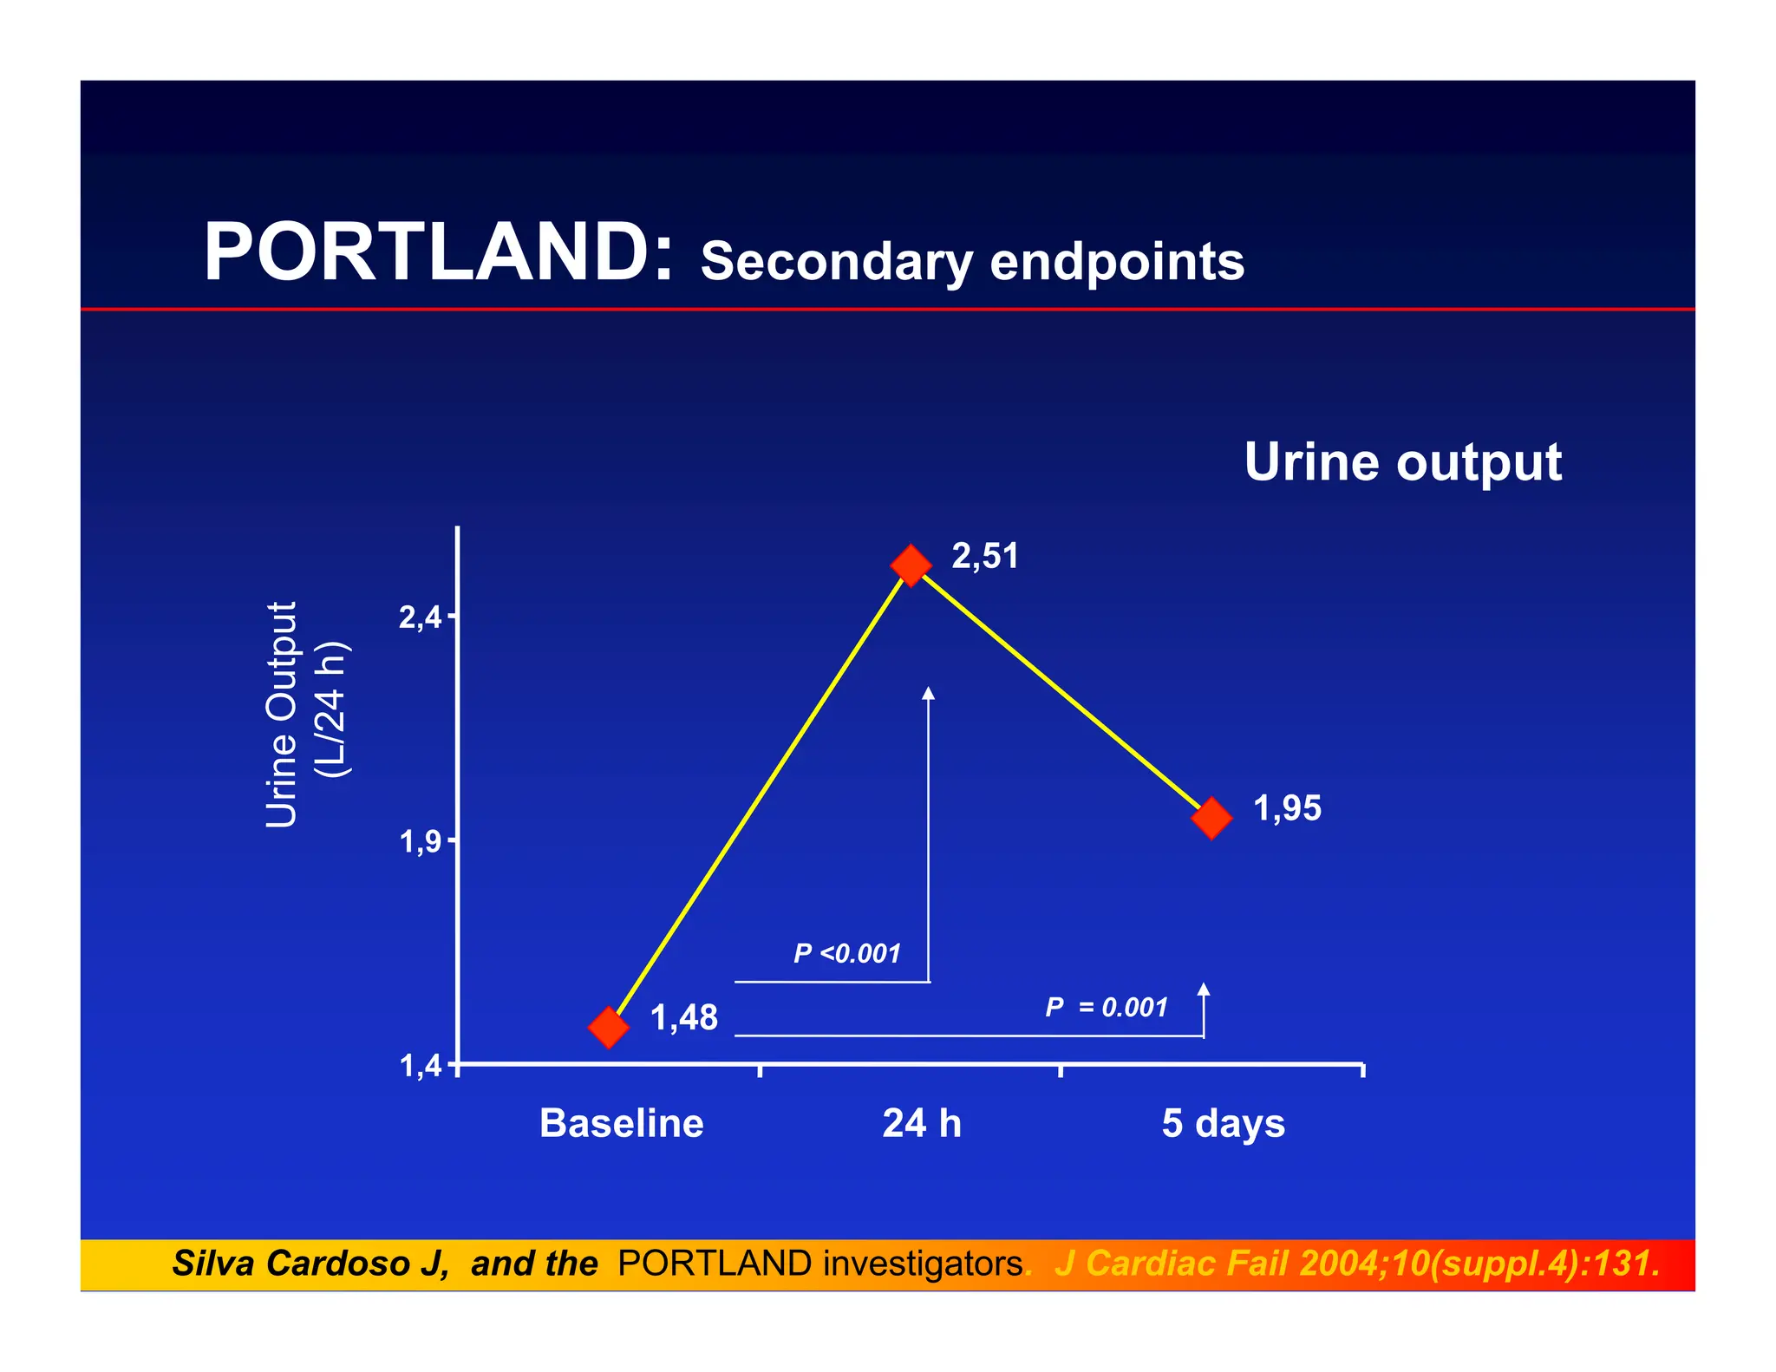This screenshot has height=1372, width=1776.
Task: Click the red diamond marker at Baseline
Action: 608,1027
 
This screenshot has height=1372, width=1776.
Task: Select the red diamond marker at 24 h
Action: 910,565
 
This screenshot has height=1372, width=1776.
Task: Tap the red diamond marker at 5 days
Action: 1211,817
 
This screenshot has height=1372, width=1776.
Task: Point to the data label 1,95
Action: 1287,808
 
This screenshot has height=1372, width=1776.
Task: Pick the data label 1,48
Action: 683,1017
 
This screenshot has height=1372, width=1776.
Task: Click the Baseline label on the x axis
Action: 621,1123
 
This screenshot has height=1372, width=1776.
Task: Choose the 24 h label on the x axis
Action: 921,1123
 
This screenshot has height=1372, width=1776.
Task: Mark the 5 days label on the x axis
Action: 1223,1124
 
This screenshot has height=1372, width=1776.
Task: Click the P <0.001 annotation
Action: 847,953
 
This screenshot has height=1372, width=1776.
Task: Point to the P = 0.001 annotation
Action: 1106,1007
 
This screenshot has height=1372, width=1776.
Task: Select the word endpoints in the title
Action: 1116,261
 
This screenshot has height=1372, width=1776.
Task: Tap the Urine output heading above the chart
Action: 1402,462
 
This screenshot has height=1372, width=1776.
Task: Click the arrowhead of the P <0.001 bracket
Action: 928,692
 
